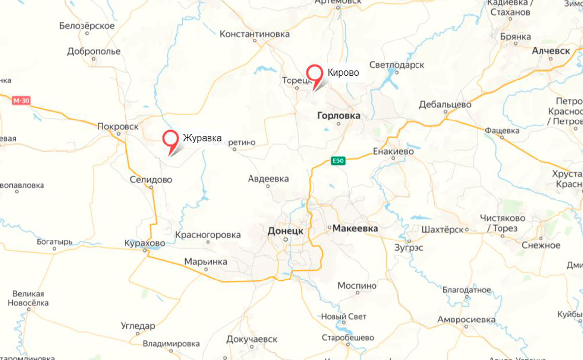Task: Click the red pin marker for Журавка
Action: coord(171,139)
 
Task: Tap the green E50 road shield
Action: coord(338,160)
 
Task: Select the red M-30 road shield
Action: coord(21,101)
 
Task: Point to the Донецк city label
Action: coord(285,231)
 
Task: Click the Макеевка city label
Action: coord(355,228)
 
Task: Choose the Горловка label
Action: coord(338,116)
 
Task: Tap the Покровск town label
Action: coord(118,126)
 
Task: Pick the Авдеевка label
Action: coord(268,179)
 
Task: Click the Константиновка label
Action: coord(254,34)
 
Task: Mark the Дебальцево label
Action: coord(445,105)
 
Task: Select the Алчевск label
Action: coord(551,51)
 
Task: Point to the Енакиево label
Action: coord(393,151)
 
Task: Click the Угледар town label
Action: coord(138,326)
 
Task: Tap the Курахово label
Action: coord(145,243)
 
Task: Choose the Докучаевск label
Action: coord(252,339)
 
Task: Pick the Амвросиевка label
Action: coord(466,320)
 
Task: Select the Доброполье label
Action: coord(94,51)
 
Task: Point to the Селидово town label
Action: coord(151,180)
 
